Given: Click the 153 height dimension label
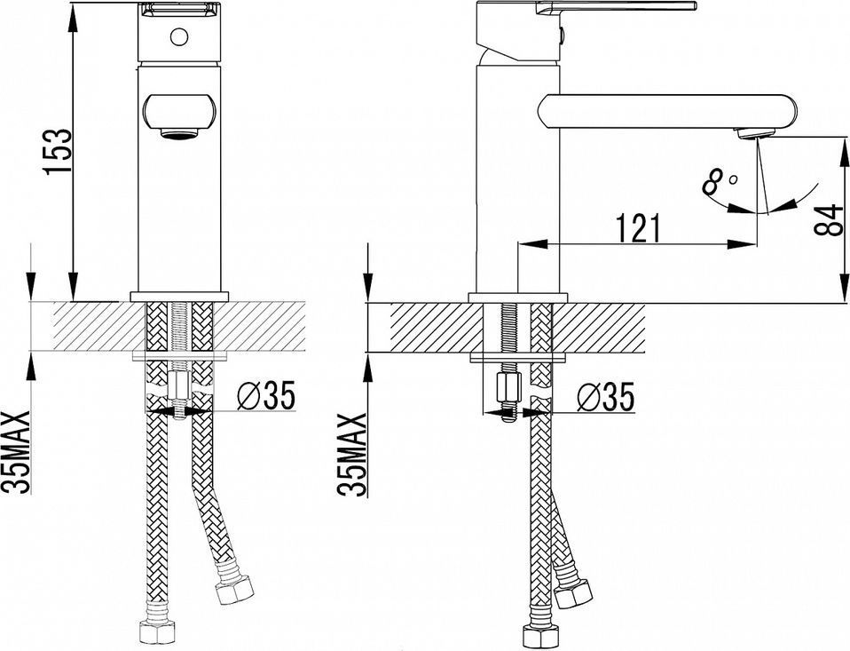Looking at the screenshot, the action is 58,151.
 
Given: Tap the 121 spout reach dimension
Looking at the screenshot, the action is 639,228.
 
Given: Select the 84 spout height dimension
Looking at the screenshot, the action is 830,218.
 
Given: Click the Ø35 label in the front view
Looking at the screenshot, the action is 266,395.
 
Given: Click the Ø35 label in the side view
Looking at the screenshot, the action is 605,398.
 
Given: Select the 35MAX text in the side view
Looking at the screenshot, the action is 352,455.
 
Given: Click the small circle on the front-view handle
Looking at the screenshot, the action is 179,37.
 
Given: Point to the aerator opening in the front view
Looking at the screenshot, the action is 179,133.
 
